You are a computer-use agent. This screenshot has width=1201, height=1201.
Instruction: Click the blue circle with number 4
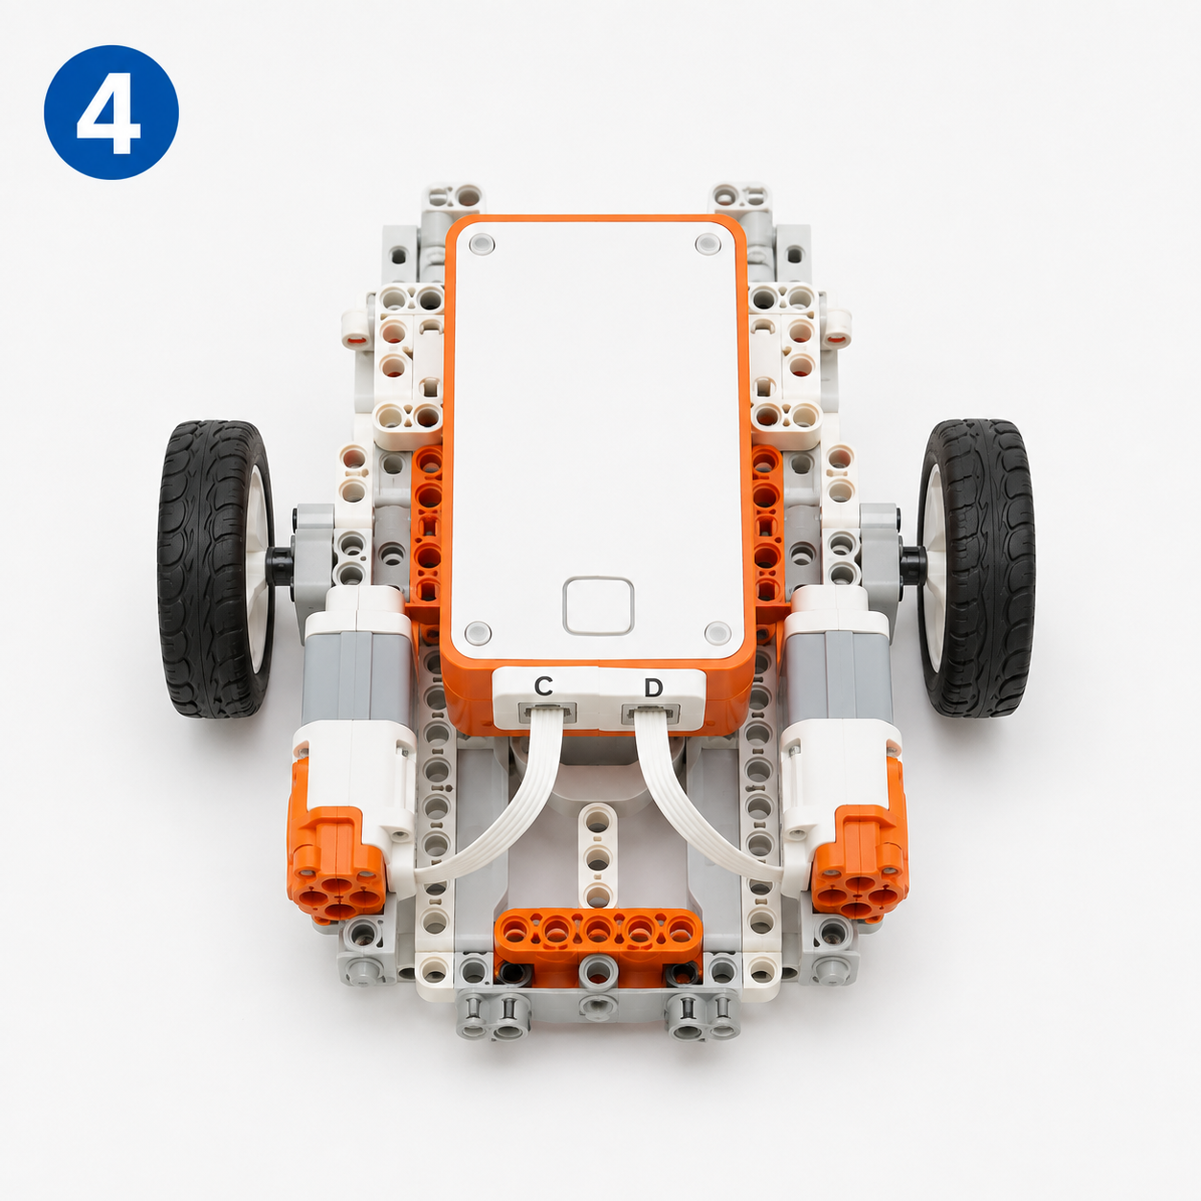pyautogui.click(x=111, y=112)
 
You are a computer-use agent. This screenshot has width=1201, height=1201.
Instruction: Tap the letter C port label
pyautogui.click(x=543, y=686)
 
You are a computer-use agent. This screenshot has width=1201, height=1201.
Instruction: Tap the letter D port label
pyautogui.click(x=653, y=688)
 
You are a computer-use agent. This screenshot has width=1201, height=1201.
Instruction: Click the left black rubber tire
pyautogui.click(x=215, y=568)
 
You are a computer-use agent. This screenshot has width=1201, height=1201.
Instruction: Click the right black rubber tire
pyautogui.click(x=977, y=567)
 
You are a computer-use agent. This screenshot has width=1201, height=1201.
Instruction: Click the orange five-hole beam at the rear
pyautogui.click(x=598, y=933)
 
